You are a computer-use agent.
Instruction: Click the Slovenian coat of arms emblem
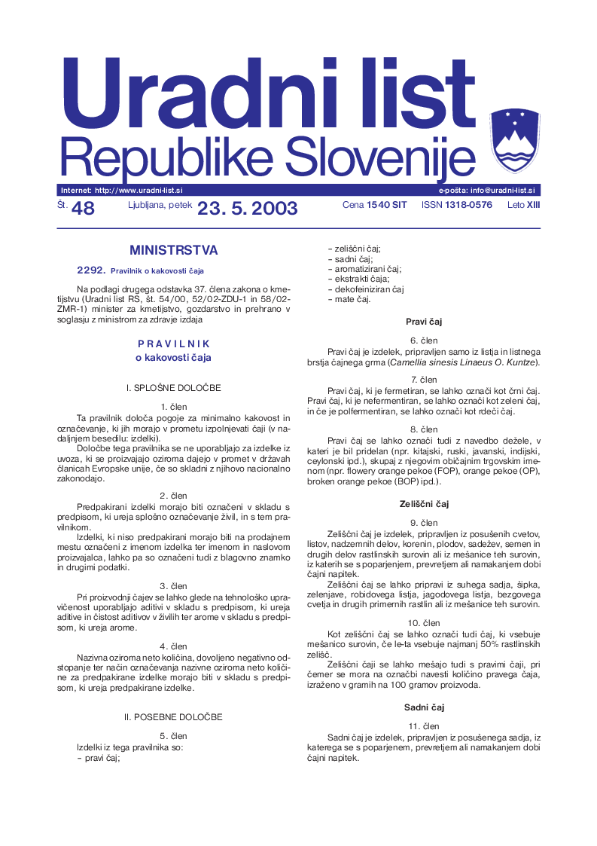(515, 140)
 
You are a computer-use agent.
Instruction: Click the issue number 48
(83, 209)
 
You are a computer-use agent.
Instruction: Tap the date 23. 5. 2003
(248, 209)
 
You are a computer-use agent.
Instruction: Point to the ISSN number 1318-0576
(468, 205)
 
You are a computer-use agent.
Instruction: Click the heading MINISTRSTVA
(174, 250)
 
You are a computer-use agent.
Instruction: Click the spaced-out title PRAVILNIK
(174, 344)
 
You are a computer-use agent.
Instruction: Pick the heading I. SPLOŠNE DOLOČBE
(174, 388)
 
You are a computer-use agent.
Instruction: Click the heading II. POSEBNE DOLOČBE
(174, 716)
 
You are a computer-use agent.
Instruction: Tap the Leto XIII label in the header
(524, 205)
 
